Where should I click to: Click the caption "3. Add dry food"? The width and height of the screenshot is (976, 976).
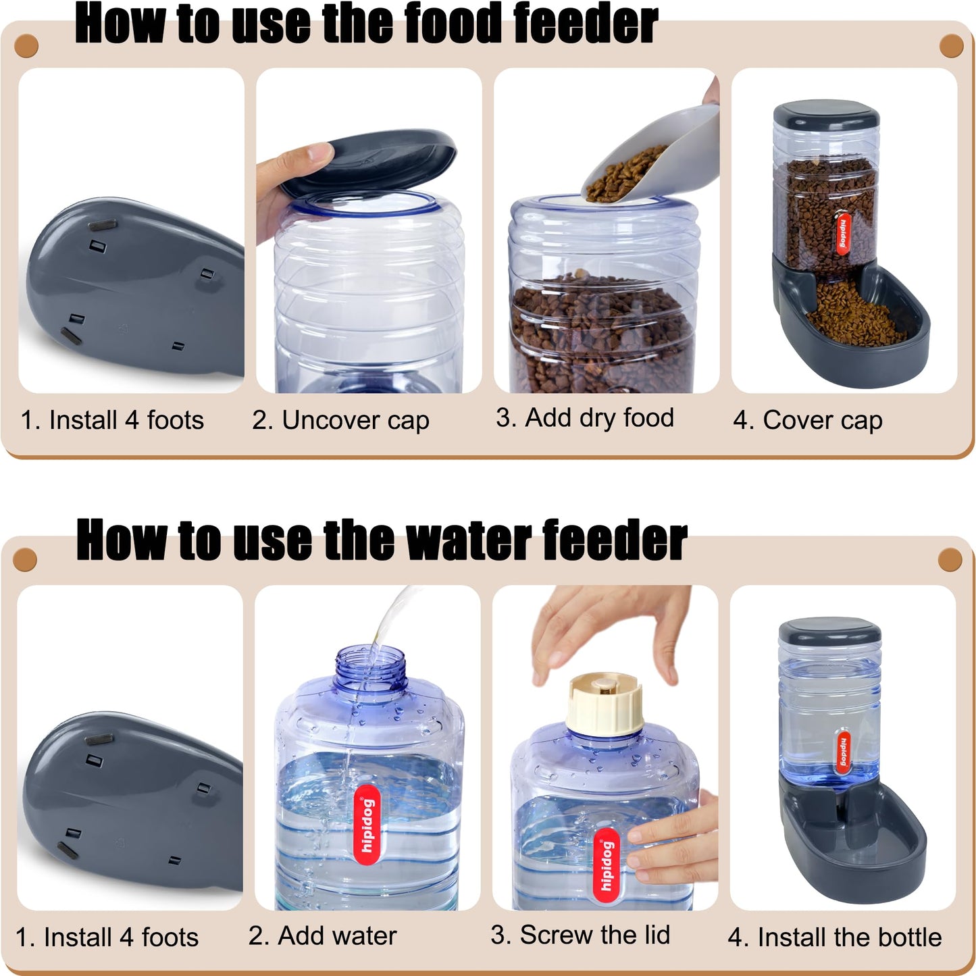click(x=584, y=418)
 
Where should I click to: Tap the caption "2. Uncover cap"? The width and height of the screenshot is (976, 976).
click(x=340, y=420)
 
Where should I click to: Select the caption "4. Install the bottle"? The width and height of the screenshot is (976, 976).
click(x=834, y=937)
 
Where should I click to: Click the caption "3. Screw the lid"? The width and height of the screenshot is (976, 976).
click(x=580, y=935)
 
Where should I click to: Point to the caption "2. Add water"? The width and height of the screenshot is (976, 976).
click(x=322, y=935)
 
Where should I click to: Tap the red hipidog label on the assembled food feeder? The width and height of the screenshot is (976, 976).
click(x=844, y=234)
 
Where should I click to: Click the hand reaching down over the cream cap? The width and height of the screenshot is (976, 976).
click(x=608, y=628)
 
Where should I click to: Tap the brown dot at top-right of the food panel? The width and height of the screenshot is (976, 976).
click(x=951, y=47)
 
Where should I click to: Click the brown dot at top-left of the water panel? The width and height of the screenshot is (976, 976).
click(x=25, y=560)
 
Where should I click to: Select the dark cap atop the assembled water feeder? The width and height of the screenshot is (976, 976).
click(x=829, y=631)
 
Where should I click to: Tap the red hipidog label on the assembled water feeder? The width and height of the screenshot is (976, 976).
click(x=844, y=750)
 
